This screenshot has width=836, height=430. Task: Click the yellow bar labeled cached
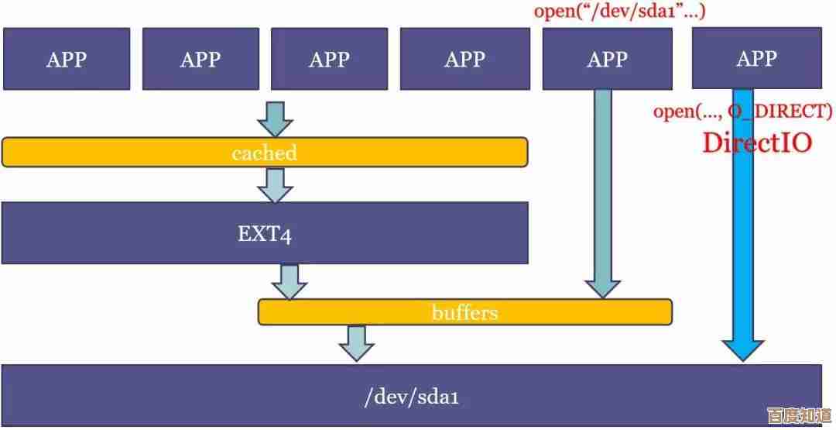(x=264, y=152)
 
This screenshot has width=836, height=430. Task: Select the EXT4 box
(x=264, y=233)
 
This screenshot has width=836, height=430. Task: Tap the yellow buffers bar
(x=464, y=312)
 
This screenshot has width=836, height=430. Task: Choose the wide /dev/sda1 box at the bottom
(x=411, y=396)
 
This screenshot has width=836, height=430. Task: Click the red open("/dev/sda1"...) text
(x=619, y=11)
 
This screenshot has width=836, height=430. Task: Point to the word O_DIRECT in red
(x=782, y=112)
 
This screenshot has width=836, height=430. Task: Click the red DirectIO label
(x=756, y=143)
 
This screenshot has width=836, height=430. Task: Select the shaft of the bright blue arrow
(x=742, y=232)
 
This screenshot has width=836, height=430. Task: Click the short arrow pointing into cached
(x=276, y=119)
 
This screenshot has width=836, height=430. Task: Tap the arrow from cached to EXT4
(x=276, y=184)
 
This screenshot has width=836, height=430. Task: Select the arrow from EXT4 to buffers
(x=290, y=281)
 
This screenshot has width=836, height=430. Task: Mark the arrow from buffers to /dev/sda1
(x=356, y=342)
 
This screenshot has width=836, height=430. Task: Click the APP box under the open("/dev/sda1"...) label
(x=607, y=59)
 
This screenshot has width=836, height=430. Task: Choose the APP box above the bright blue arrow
(x=755, y=58)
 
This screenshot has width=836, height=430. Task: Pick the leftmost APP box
(x=66, y=59)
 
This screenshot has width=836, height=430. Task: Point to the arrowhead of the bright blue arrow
(x=742, y=349)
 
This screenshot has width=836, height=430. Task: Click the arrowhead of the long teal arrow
(x=601, y=287)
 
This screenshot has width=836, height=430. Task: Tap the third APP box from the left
(x=329, y=59)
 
